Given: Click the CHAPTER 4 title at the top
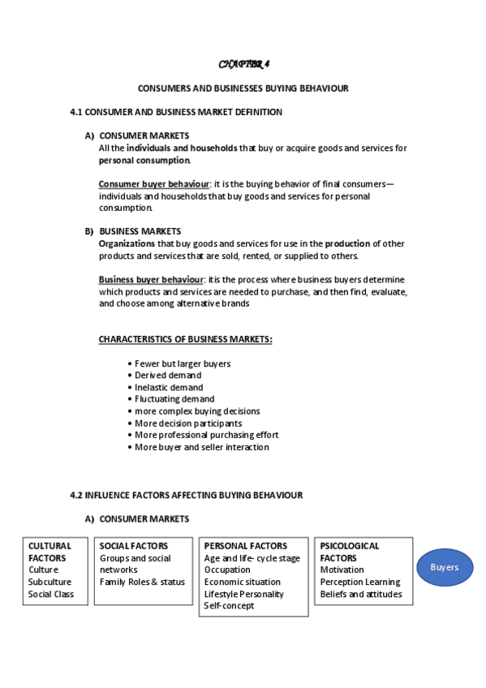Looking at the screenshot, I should tap(243, 64).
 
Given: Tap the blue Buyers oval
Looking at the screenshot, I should tap(445, 567).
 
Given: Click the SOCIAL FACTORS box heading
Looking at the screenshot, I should tap(134, 546).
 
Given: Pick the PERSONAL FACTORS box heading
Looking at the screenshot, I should tap(246, 546).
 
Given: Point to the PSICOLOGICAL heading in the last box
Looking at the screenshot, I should tap(350, 546).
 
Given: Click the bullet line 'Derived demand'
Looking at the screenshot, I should tap(168, 376).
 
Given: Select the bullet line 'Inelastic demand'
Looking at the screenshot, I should tap(169, 387).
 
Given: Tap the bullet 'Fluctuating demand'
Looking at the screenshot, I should tap(174, 399).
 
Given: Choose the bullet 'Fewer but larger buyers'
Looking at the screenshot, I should tap(183, 363).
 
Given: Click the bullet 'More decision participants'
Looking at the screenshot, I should tap(188, 424).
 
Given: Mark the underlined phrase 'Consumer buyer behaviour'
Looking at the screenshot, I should tap(153, 184).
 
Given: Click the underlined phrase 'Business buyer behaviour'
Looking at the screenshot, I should tap(151, 280).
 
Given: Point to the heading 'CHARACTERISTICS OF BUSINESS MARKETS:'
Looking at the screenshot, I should tap(185, 339).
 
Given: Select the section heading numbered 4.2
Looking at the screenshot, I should tap(187, 495).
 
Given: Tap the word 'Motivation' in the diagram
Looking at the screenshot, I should tap(342, 570).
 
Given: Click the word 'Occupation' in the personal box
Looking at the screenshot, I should tap(227, 570).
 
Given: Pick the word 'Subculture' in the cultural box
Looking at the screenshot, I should tap(49, 582).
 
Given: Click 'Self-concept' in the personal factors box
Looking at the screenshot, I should tap(229, 605).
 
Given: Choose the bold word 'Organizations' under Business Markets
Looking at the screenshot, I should tap(127, 243).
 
